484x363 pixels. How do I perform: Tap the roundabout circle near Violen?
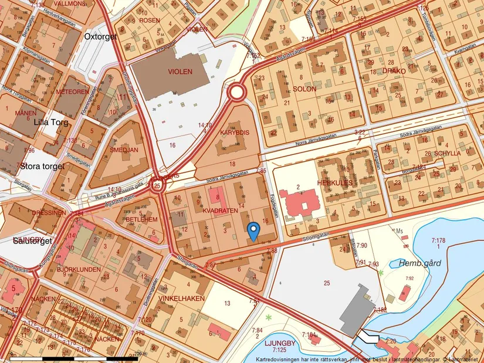[x=237, y=92]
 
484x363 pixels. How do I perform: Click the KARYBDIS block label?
[x=235, y=133]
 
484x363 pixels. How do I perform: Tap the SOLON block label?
[x=304, y=90]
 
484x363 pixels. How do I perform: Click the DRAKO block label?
[x=394, y=71]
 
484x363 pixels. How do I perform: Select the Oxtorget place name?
[x=101, y=36]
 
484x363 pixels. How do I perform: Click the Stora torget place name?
[x=42, y=166]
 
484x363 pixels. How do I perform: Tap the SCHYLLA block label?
[x=448, y=152]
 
